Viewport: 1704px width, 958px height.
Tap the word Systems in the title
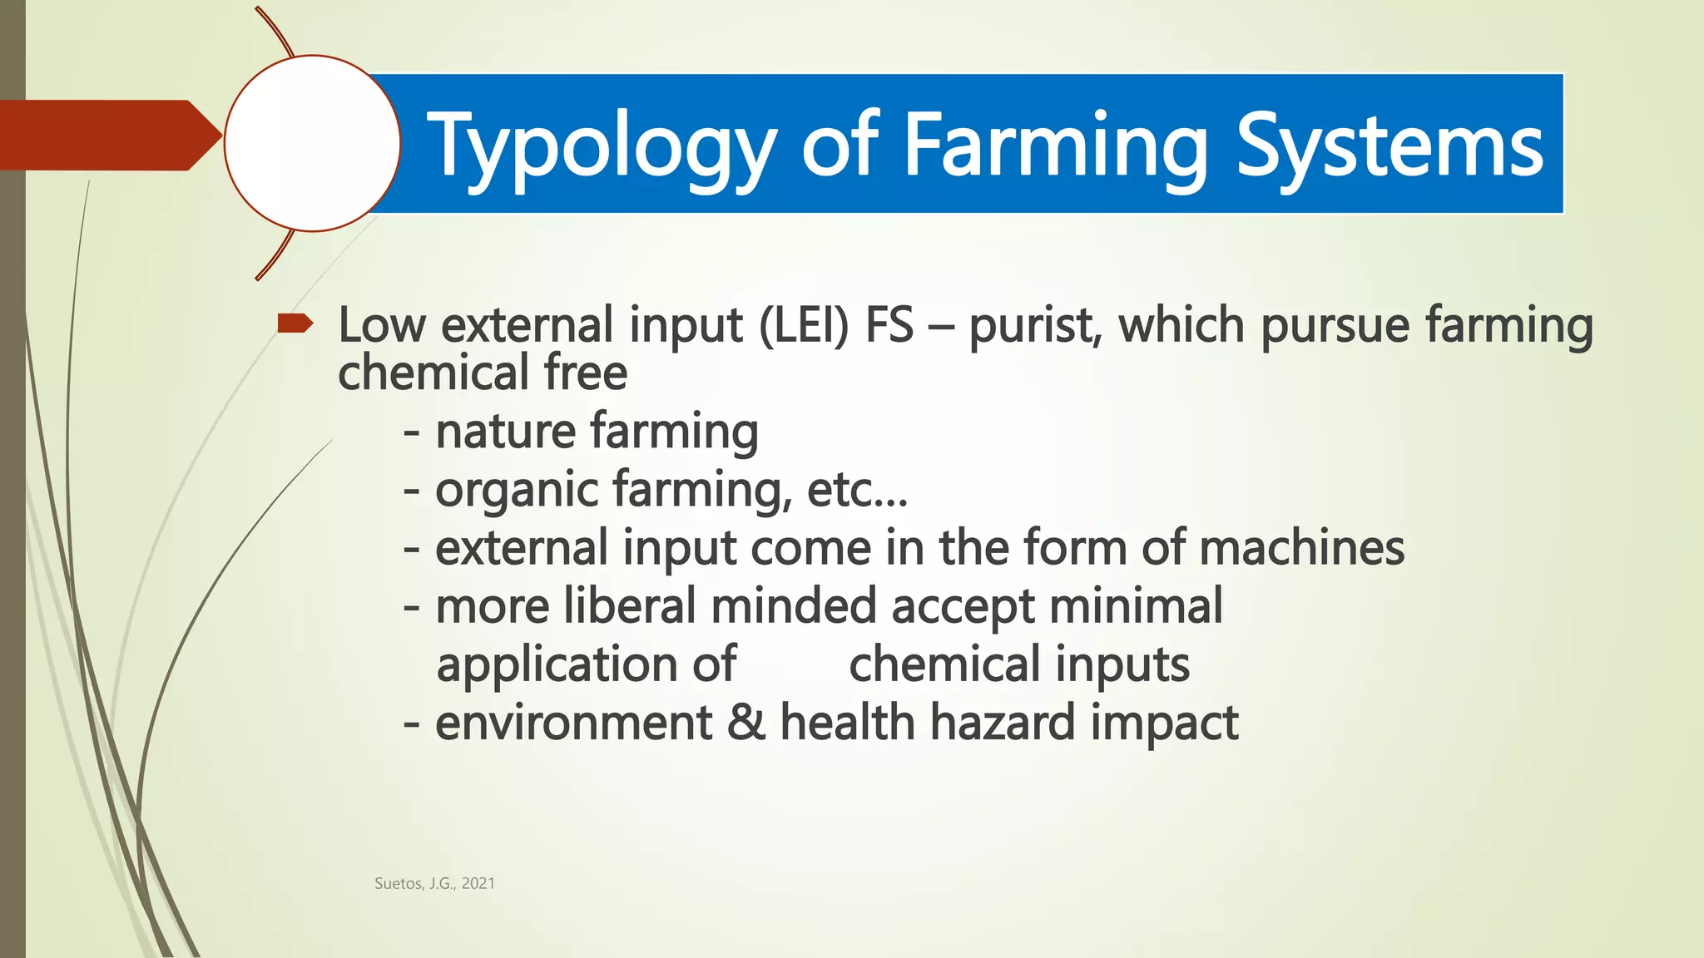click(1389, 148)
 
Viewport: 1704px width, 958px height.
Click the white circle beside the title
click(312, 143)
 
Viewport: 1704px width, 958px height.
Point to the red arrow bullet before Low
click(295, 323)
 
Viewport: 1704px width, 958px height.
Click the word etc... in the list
click(857, 491)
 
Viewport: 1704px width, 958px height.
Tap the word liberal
click(629, 605)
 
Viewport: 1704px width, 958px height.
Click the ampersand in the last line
click(745, 722)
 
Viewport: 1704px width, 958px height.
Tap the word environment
click(573, 722)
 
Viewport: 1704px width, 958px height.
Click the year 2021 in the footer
click(478, 884)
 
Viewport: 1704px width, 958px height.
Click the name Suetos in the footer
click(399, 884)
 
